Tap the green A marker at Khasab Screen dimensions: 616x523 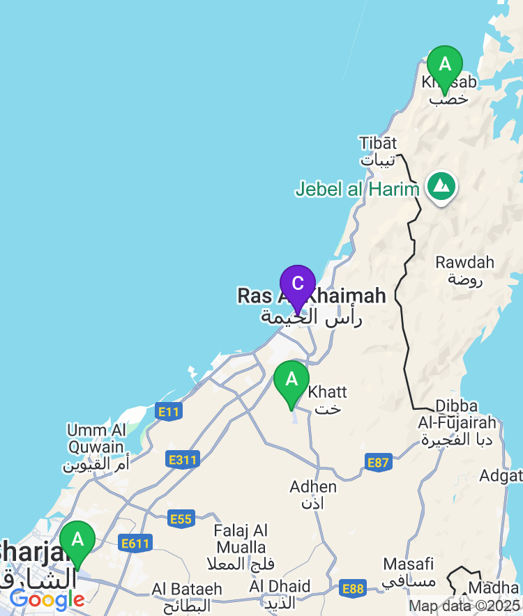coord(444,66)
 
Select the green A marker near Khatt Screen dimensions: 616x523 coord(291,381)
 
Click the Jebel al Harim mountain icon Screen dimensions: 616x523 coord(441,186)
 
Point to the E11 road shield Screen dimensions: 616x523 coord(169,412)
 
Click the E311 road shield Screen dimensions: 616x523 coord(183,459)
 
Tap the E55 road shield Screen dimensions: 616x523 coord(181,518)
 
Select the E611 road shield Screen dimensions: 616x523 coord(135,544)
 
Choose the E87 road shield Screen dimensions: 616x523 coord(378,462)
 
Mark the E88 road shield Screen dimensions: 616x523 coord(354,590)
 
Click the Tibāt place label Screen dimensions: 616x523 coord(377,151)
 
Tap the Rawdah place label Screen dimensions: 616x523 coord(464,271)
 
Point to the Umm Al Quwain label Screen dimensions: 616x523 coord(97,447)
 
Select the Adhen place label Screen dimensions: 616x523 coord(313,494)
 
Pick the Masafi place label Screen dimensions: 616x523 coord(409,571)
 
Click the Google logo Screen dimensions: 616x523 coord(47,599)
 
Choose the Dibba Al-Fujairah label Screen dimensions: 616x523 coord(457,422)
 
